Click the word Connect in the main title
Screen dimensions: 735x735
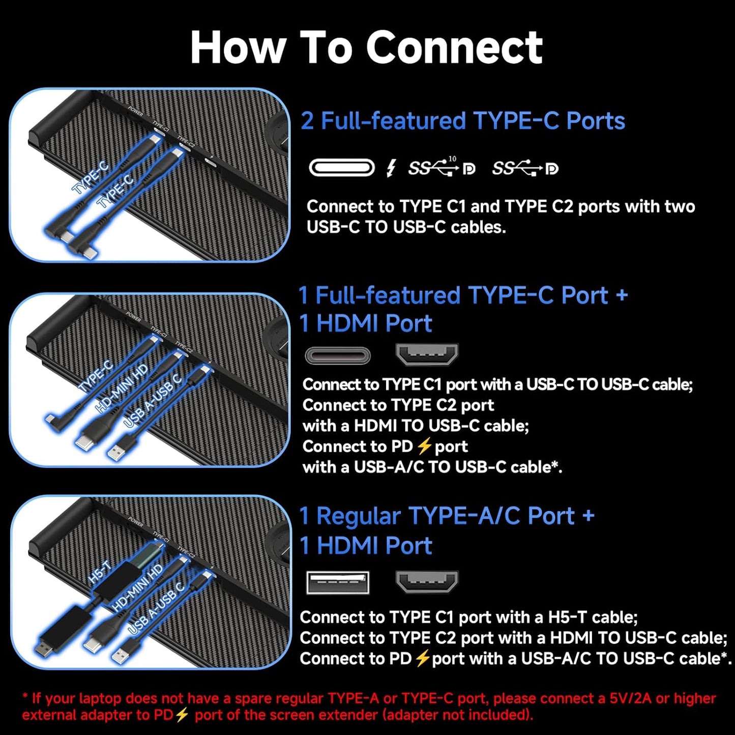coord(454,47)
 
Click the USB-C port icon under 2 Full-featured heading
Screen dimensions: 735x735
coord(341,167)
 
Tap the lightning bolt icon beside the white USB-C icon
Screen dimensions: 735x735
coord(391,167)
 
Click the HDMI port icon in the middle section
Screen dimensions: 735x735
coord(427,355)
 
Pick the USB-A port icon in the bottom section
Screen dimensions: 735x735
coord(338,582)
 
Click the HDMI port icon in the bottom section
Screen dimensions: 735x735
coord(427,581)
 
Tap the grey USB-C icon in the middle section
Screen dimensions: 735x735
coord(338,356)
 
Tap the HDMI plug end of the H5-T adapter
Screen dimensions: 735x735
coord(42,648)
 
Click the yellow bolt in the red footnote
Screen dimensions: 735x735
coord(182,715)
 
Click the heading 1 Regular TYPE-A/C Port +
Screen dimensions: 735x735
coord(447,516)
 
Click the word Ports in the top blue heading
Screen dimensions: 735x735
coord(596,121)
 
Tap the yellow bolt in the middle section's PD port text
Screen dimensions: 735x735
coord(424,447)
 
